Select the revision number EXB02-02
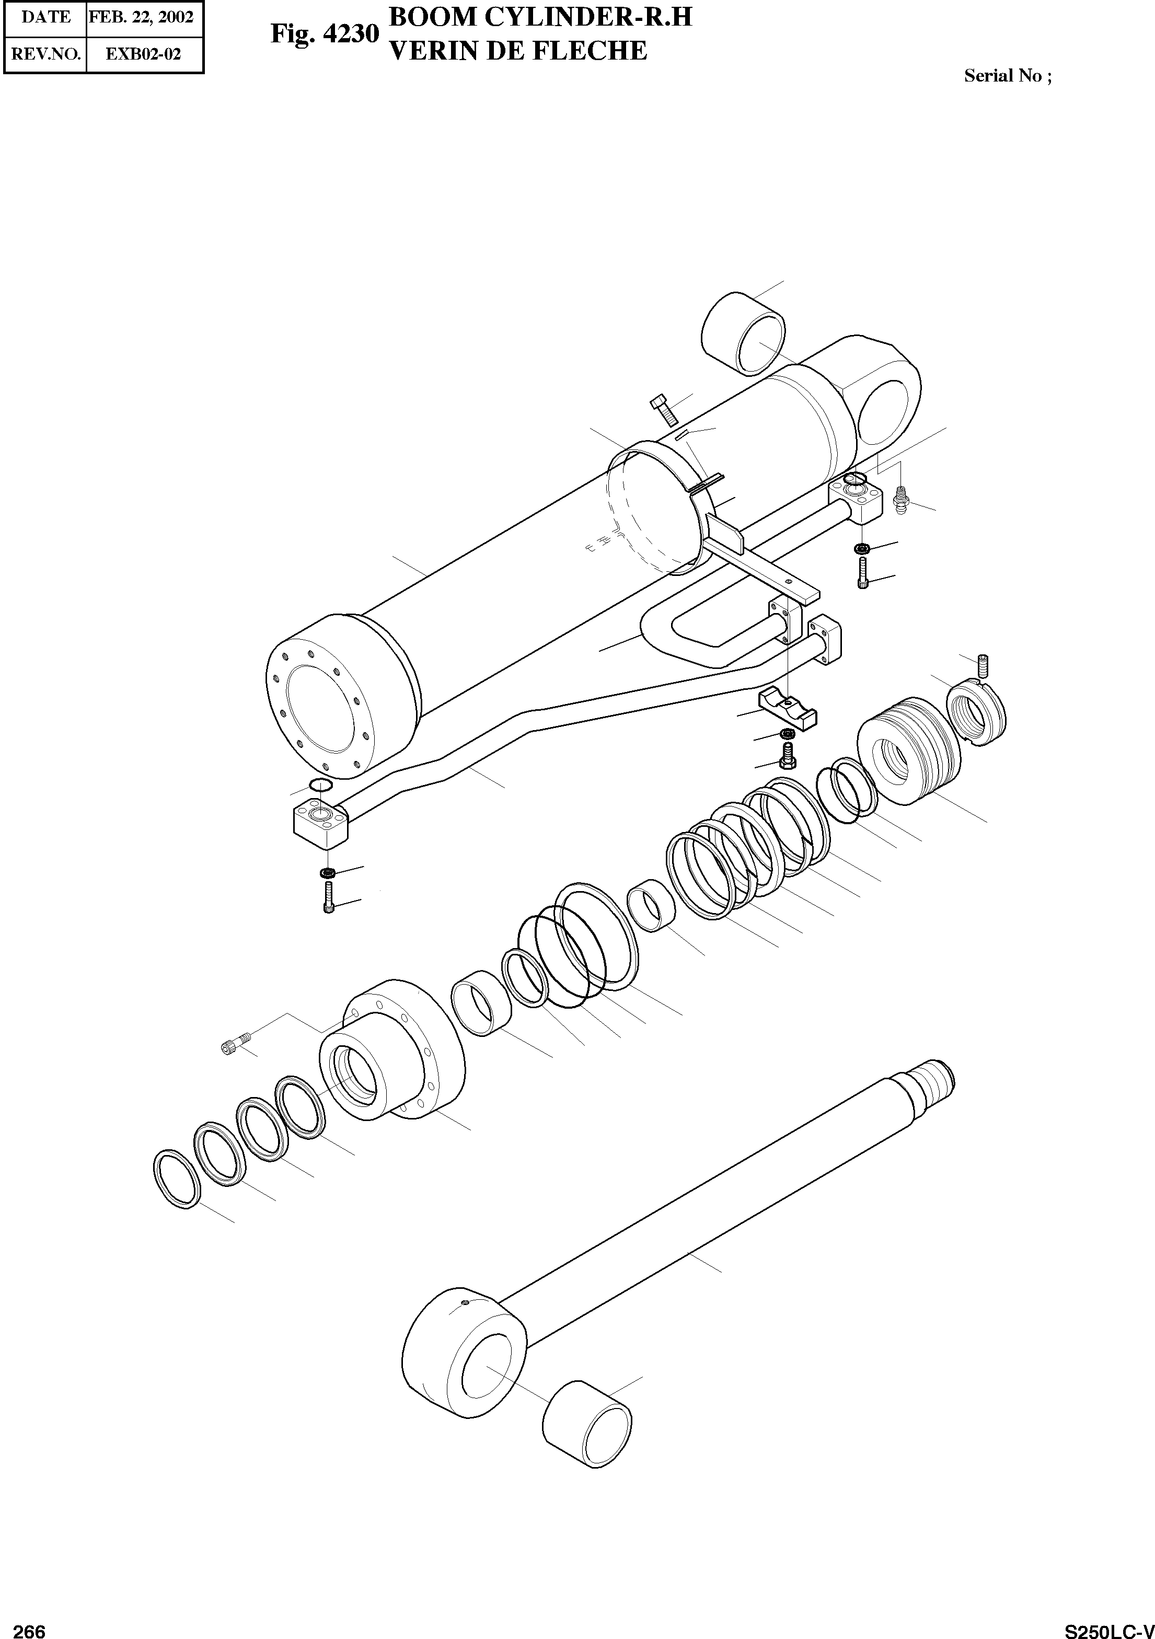144,54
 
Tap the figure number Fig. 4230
324,33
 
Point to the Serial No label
1007,76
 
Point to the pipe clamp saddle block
788,712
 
